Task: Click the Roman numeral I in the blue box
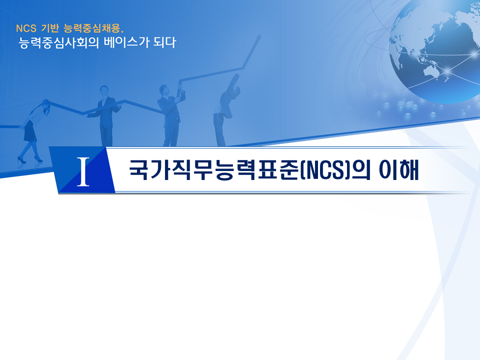coord(84,171)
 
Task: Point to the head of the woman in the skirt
coord(45,104)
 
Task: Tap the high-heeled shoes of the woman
coord(30,159)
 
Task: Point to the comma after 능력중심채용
coord(122,29)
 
